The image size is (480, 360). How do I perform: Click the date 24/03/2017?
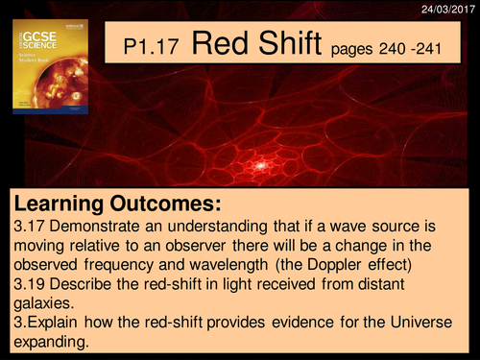click(x=448, y=8)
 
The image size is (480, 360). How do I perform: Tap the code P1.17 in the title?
click(x=156, y=48)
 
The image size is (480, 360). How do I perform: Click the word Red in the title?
click(x=224, y=44)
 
